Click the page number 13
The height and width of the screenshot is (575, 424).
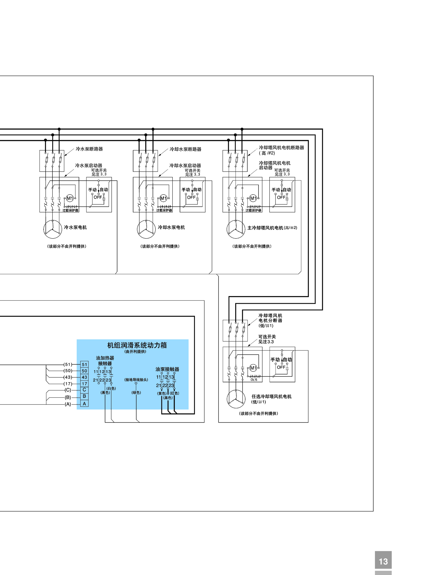(x=383, y=561)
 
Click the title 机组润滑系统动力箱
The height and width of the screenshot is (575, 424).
(x=137, y=345)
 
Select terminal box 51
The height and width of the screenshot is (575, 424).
(x=84, y=364)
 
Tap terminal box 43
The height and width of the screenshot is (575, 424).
(x=84, y=377)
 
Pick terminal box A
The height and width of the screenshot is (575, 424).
(x=84, y=403)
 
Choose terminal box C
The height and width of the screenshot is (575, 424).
(x=84, y=390)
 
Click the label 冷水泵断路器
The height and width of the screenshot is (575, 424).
(x=89, y=149)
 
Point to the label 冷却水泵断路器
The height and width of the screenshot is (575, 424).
(x=186, y=149)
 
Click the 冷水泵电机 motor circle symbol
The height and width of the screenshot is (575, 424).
(x=53, y=229)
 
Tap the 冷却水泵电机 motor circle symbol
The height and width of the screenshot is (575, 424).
(x=146, y=229)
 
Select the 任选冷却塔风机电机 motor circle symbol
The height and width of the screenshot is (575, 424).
(x=236, y=399)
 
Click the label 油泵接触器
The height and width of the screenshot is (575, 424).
(x=167, y=369)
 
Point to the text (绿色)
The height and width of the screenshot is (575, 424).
(x=136, y=393)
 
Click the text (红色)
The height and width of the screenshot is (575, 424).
(x=174, y=393)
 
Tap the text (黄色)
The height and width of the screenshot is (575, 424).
(x=162, y=393)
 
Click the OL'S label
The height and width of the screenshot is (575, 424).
(x=254, y=380)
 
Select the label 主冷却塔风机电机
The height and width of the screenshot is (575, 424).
(x=265, y=228)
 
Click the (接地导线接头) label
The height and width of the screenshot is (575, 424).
(x=136, y=380)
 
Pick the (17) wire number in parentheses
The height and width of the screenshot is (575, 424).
(x=68, y=384)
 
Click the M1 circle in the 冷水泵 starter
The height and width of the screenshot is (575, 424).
(x=70, y=198)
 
